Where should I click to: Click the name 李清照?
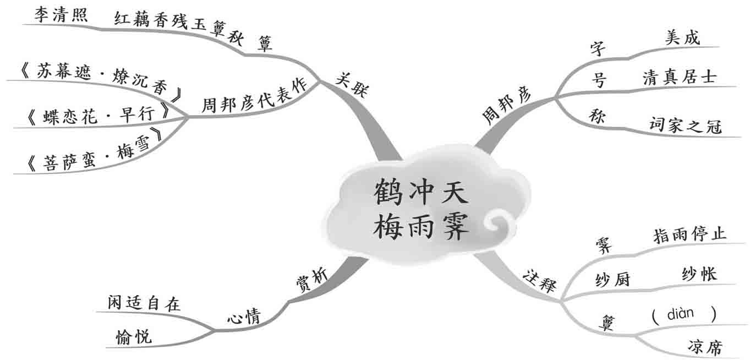click(x=61, y=15)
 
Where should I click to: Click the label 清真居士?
click(x=680, y=77)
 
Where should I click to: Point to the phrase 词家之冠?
click(x=685, y=126)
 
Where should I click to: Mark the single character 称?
click(x=597, y=116)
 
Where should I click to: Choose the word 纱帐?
click(x=699, y=274)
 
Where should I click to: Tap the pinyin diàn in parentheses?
click(x=684, y=314)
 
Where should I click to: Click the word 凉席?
click(x=705, y=347)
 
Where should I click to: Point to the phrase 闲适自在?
click(x=144, y=303)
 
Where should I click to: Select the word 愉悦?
click(x=134, y=336)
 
